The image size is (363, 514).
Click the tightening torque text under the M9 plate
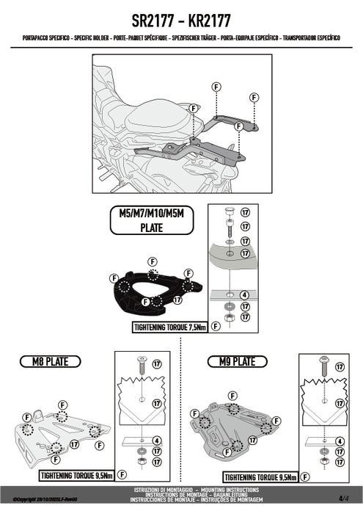point(259,476)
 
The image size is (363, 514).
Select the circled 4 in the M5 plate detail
point(244,295)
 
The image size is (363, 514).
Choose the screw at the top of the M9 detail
point(321,363)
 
